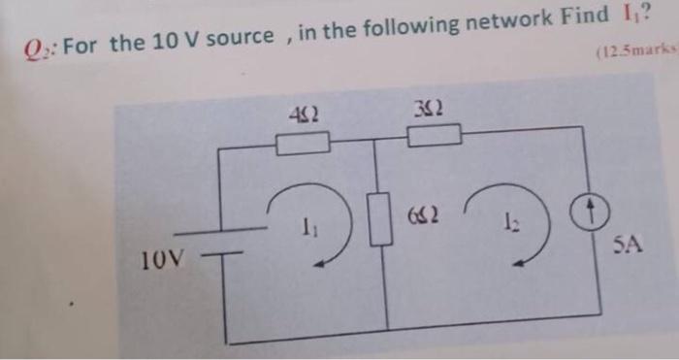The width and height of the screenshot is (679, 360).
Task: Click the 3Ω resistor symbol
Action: [434, 135]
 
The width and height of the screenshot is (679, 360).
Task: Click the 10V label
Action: [158, 259]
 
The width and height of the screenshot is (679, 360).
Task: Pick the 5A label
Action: [628, 245]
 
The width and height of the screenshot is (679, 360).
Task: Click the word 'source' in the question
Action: [240, 39]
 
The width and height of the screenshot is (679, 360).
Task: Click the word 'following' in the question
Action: [412, 29]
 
